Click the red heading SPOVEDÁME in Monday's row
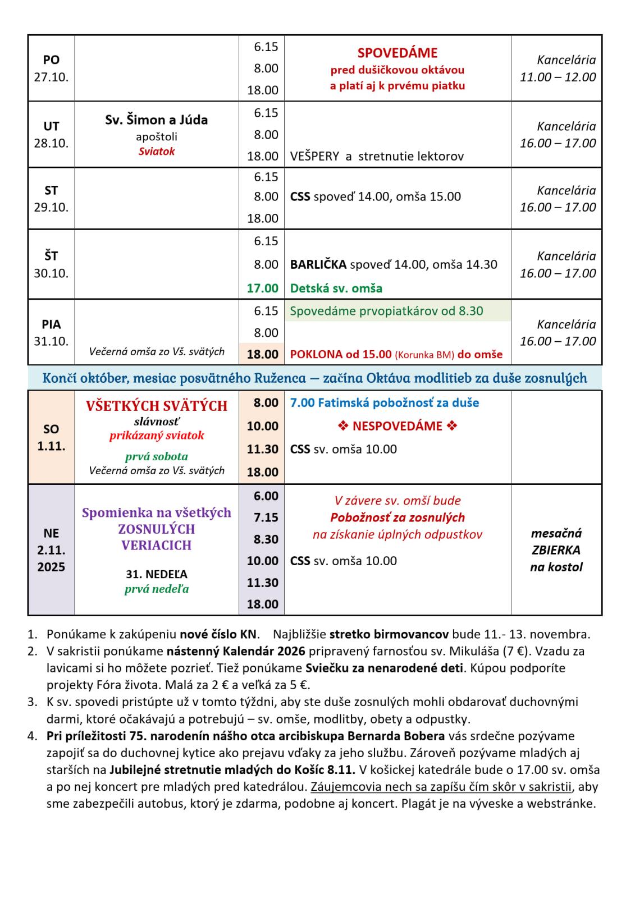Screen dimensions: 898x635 [x=397, y=53]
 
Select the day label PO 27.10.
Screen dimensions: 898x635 [x=51, y=68]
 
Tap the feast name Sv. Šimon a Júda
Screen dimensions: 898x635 [x=156, y=120]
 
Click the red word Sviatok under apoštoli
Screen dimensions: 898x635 [x=157, y=152]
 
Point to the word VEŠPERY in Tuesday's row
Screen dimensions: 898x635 [x=314, y=157]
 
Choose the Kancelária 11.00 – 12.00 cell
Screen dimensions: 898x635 [x=558, y=68]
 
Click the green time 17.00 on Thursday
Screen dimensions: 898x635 [x=262, y=288]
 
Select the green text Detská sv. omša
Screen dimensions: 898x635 [x=336, y=288]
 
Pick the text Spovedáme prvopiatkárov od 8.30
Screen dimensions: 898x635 [x=386, y=311]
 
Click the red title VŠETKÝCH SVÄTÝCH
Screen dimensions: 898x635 [x=156, y=406]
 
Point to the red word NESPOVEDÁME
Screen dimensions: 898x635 [x=397, y=426]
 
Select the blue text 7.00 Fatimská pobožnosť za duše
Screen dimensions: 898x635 [x=385, y=402]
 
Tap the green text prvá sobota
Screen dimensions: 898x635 [x=156, y=456]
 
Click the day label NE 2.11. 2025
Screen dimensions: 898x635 [x=51, y=550]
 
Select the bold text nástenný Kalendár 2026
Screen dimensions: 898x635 [x=236, y=651]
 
